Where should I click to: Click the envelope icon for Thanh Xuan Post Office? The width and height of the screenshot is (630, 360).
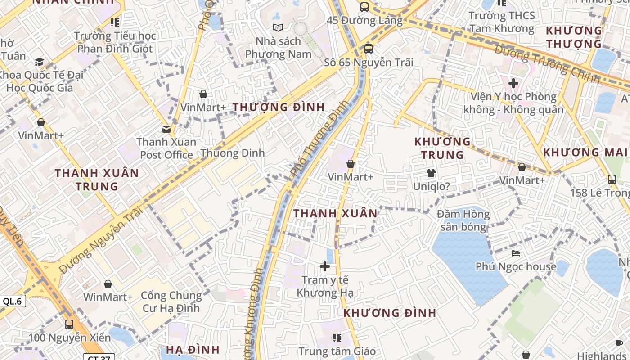pyautogui.click(x=166, y=129)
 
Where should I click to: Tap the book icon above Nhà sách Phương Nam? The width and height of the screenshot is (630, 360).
pyautogui.click(x=278, y=28)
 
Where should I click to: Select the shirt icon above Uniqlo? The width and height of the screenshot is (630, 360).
pyautogui.click(x=431, y=173)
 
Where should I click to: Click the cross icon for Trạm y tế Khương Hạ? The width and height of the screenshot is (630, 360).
pyautogui.click(x=324, y=266)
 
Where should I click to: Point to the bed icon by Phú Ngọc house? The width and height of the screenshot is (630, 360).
pyautogui.click(x=516, y=254)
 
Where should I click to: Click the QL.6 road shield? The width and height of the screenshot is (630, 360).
pyautogui.click(x=12, y=301)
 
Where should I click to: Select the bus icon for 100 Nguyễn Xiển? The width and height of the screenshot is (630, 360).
pyautogui.click(x=69, y=324)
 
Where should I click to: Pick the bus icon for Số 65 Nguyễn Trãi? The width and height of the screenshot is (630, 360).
pyautogui.click(x=368, y=49)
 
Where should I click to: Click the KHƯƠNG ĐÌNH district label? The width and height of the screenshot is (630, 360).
pyautogui.click(x=390, y=313)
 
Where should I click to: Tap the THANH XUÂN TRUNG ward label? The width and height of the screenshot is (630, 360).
pyautogui.click(x=97, y=179)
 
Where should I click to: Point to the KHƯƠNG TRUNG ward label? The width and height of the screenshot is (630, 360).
pyautogui.click(x=442, y=148)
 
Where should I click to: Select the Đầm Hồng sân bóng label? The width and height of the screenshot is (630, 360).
pyautogui.click(x=463, y=220)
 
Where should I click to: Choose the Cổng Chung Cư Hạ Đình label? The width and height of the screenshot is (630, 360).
pyautogui.click(x=171, y=301)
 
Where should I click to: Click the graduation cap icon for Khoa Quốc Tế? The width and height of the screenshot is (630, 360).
pyautogui.click(x=40, y=62)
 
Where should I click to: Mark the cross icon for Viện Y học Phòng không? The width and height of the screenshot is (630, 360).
pyautogui.click(x=513, y=83)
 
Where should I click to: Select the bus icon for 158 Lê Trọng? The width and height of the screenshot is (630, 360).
pyautogui.click(x=612, y=179)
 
